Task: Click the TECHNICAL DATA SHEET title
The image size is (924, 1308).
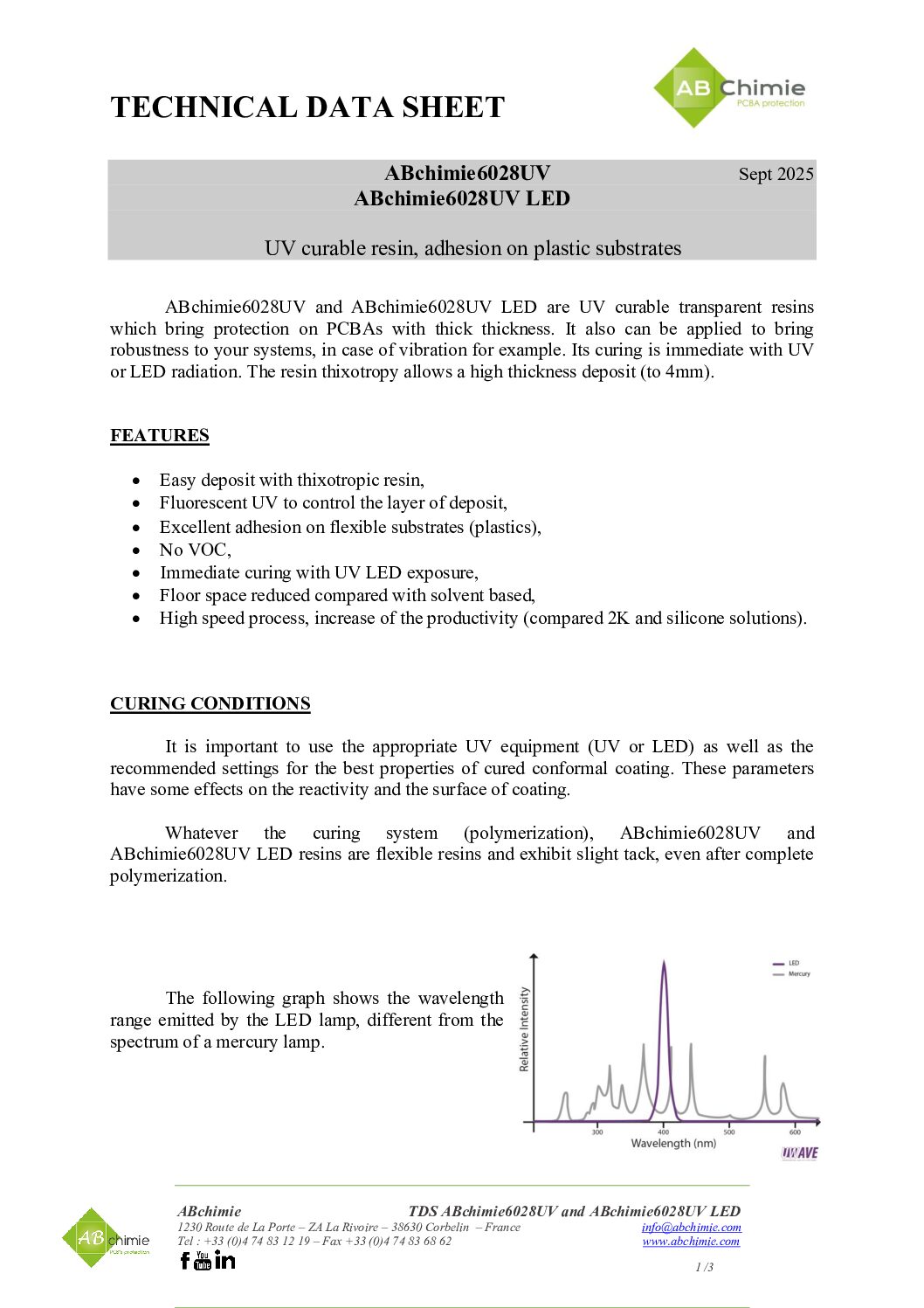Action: coord(307,107)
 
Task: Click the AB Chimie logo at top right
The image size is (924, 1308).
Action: coord(729,88)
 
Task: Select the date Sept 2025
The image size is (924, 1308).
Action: coord(776,174)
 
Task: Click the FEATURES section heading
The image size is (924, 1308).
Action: coord(160,435)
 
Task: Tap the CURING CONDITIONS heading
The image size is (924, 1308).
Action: coord(210,703)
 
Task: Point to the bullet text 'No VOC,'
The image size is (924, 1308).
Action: coord(195,550)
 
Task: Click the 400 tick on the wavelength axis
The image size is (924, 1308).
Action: coord(664,1132)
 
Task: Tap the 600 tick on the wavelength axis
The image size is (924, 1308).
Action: coord(795,1132)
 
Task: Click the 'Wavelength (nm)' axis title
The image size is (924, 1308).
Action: coord(673,1143)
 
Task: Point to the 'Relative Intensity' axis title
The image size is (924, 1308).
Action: coord(524,1029)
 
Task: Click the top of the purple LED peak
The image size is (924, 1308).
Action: coord(664,963)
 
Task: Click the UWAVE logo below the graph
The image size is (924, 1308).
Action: coord(799,1153)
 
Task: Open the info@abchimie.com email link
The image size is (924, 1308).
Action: coord(691,1227)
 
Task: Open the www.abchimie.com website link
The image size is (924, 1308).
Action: coord(691,1241)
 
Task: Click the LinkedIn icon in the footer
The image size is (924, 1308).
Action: coord(224,1259)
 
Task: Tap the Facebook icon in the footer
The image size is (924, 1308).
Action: coord(184,1260)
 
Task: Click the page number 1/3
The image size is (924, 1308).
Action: coord(704,1267)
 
